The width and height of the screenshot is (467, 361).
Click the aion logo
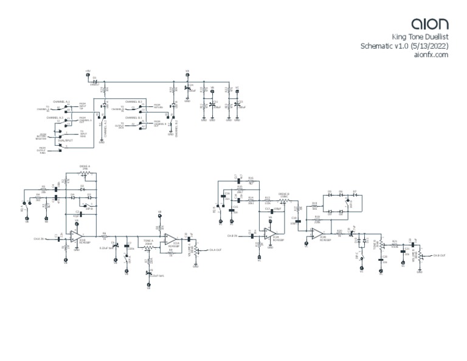tap(430, 24)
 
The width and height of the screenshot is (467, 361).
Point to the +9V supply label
tap(88, 70)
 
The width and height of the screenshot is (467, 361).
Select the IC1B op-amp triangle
tap(77, 235)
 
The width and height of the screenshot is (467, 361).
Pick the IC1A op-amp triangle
tap(171, 237)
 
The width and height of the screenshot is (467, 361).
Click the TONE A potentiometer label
tap(148, 241)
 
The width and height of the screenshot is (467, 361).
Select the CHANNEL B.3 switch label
tap(133, 101)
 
